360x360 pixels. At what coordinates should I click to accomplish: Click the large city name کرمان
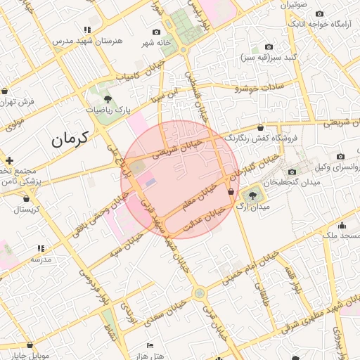pyautogui.click(x=72, y=139)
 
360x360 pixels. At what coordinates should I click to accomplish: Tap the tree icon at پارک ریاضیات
pyautogui.click(x=107, y=99)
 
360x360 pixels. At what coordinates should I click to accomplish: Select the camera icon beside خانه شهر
pyautogui.click(x=156, y=32)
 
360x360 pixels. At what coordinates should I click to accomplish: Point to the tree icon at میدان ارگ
pyautogui.click(x=253, y=195)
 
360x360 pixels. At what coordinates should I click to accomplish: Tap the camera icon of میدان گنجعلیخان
pyautogui.click(x=292, y=172)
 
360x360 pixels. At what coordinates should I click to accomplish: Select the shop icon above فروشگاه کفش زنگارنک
pyautogui.click(x=262, y=128)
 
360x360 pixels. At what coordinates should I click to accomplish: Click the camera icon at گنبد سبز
pyautogui.click(x=269, y=46)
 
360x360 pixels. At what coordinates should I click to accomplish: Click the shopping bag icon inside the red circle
pyautogui.click(x=231, y=191)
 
